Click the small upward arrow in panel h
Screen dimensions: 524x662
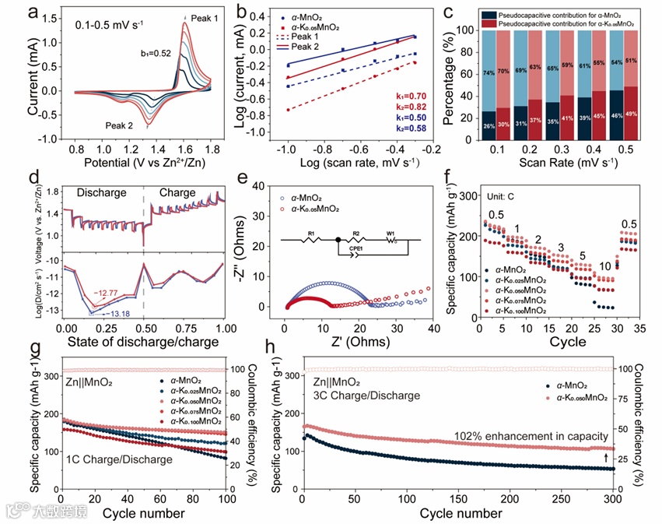point(607,457)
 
